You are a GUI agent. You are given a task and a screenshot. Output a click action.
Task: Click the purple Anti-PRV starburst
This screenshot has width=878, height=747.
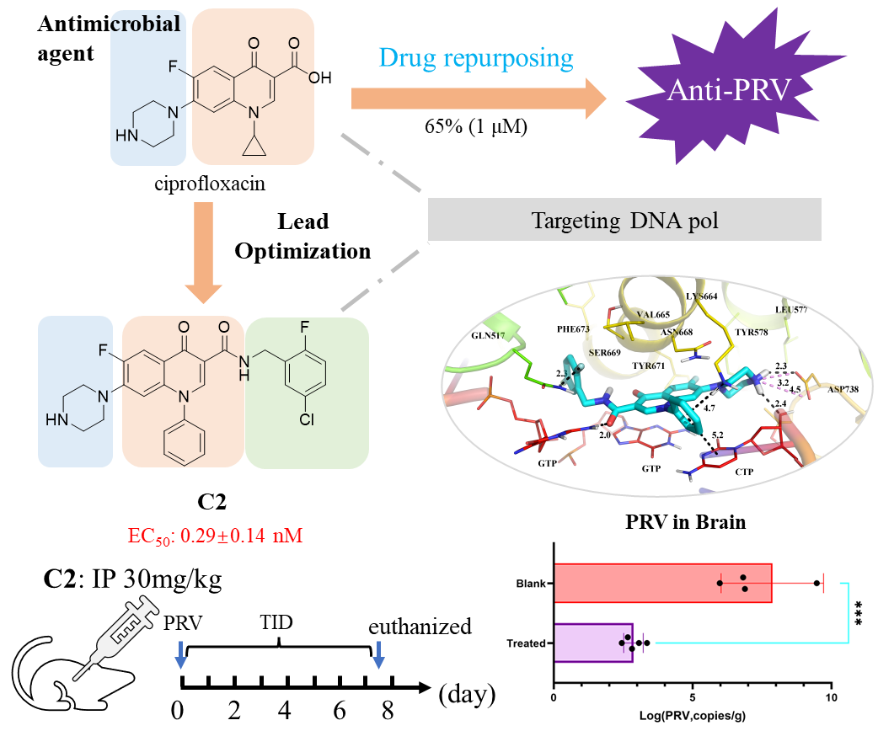729,90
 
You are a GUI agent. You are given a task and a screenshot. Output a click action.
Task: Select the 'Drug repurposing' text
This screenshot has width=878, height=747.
476,58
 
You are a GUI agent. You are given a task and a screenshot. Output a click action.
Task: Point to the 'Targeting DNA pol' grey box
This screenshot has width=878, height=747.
624,221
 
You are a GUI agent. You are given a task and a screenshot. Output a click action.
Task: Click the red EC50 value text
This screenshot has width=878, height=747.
215,536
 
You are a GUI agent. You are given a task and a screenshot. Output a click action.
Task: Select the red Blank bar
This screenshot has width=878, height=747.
662,583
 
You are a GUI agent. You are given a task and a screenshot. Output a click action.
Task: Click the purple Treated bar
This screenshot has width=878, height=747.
593,643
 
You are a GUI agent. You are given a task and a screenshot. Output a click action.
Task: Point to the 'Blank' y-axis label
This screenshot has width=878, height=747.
533,584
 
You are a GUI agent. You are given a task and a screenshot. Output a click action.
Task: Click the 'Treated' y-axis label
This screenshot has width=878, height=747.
527,644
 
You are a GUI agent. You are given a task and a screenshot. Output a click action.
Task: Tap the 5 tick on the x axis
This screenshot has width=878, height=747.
693,698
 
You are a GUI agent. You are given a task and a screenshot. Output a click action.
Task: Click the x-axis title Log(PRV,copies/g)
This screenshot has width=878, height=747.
693,717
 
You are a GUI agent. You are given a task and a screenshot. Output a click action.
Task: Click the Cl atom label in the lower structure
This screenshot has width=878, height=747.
306,419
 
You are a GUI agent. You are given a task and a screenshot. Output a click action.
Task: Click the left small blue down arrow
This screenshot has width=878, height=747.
179,654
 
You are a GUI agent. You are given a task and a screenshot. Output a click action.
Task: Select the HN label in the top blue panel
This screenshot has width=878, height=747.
125,136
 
